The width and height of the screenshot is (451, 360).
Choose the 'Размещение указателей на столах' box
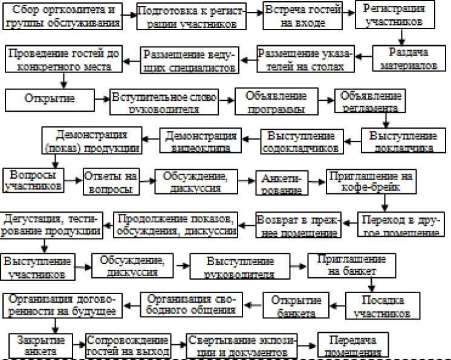[303, 59]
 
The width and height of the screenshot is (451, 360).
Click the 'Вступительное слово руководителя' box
[164, 103]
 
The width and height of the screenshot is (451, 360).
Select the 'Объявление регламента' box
[370, 102]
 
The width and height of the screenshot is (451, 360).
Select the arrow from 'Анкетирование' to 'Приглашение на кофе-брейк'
[317, 179]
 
